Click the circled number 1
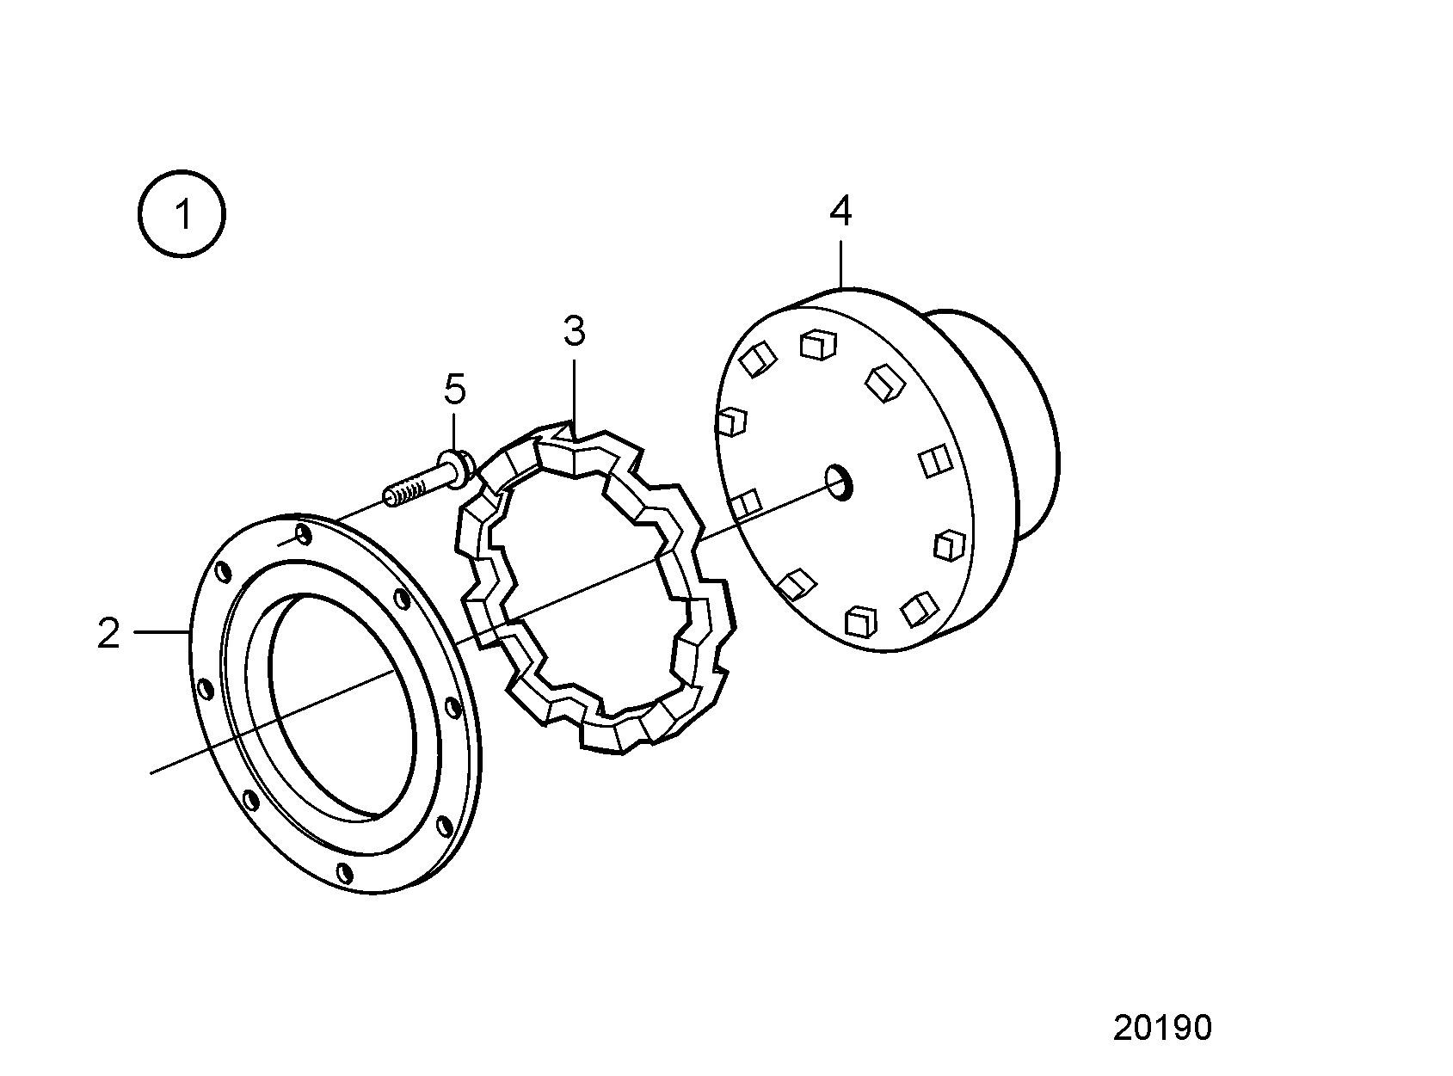coord(182,214)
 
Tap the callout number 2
coord(108,633)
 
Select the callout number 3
coord(574,331)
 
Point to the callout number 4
coord(840,211)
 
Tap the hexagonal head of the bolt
coord(460,468)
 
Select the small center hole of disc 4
coord(839,483)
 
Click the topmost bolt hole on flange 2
coord(304,534)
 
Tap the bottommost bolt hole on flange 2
coord(345,873)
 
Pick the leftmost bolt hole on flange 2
coord(205,689)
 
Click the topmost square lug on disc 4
coord(818,345)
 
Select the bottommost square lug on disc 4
coord(861,621)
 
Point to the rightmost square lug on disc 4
coord(949,544)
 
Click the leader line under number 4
coord(841,264)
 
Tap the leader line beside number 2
coord(162,631)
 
